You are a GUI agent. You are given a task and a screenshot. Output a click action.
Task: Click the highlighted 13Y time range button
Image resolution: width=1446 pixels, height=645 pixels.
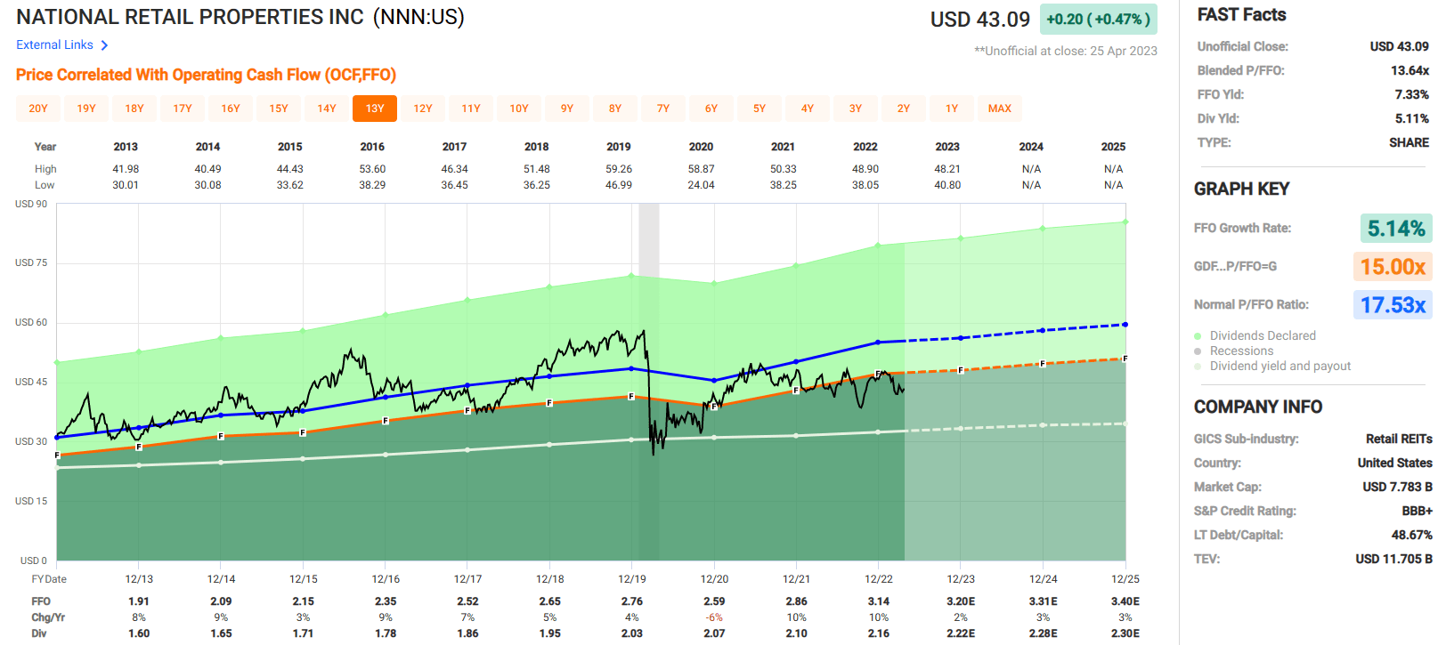[375, 109]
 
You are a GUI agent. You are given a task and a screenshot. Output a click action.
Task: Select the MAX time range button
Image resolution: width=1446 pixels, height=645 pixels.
[999, 109]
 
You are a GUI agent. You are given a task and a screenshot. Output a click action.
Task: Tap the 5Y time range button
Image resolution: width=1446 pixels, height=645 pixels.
[760, 109]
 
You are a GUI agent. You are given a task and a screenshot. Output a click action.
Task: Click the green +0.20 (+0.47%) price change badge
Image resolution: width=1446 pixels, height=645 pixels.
[1098, 20]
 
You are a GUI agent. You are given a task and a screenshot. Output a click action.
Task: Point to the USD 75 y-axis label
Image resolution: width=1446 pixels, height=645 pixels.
[31, 263]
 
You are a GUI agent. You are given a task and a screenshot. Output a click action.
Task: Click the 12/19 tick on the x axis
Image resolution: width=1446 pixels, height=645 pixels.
[632, 579]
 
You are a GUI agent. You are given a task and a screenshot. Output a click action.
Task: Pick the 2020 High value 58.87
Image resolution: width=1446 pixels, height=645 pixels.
[701, 169]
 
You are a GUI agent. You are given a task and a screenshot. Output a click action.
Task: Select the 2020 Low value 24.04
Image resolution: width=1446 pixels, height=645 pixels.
[701, 185]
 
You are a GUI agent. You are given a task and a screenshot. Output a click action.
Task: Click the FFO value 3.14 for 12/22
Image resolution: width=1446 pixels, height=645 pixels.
[879, 601]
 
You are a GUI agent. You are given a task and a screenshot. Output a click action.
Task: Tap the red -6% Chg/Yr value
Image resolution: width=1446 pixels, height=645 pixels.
[714, 617]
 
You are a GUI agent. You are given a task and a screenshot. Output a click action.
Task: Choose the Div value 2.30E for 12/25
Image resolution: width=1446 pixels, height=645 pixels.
[1125, 633]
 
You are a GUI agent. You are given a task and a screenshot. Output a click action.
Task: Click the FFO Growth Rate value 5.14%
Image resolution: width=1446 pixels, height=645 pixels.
[1395, 229]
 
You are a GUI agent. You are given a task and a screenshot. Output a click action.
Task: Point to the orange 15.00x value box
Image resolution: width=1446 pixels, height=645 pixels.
[1393, 267]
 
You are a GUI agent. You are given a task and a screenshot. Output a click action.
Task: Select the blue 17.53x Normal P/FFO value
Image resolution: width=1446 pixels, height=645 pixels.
[1393, 305]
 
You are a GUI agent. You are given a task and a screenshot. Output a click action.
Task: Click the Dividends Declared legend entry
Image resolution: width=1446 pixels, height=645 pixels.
[1262, 335]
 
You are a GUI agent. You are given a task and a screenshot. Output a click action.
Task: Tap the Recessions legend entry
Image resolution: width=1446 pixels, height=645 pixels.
[1241, 351]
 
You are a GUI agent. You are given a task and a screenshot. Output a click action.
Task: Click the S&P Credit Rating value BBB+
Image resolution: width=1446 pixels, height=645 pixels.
[1417, 511]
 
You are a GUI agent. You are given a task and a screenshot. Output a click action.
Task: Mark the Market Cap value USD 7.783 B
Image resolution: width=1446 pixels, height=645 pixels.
[1397, 487]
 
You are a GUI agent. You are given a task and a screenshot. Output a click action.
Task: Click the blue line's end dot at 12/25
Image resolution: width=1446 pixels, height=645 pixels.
[1125, 325]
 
